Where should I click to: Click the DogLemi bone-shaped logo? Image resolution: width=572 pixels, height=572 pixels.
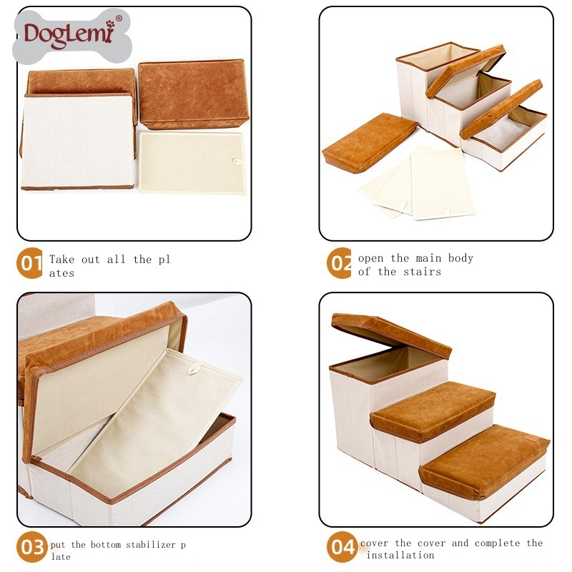click(72, 36)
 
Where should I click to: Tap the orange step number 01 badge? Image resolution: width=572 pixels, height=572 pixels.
click(29, 263)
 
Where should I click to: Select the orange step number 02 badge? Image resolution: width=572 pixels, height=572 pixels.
click(339, 263)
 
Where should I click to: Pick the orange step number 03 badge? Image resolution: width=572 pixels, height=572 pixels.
click(32, 547)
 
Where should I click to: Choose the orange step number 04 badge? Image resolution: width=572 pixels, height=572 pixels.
click(342, 547)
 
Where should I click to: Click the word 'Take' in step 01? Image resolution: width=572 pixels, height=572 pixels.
click(61, 260)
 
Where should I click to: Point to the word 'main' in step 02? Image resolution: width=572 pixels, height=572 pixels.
click(428, 258)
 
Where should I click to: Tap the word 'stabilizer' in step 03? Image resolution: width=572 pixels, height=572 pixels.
click(151, 545)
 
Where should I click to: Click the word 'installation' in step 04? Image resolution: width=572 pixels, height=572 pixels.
click(400, 556)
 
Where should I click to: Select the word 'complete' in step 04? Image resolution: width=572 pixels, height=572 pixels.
click(497, 543)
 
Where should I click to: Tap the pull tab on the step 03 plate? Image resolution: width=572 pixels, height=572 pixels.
click(194, 368)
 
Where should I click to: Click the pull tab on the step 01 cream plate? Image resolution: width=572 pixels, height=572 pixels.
click(237, 161)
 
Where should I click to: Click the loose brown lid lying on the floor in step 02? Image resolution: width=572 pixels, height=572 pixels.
click(369, 142)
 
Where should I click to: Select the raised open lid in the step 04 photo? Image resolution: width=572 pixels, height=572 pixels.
click(391, 335)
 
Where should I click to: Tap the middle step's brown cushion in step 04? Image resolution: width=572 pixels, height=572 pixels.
click(433, 410)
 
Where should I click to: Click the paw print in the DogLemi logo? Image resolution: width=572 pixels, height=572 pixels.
click(110, 24)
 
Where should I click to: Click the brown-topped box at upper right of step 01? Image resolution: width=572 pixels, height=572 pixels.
click(193, 94)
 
